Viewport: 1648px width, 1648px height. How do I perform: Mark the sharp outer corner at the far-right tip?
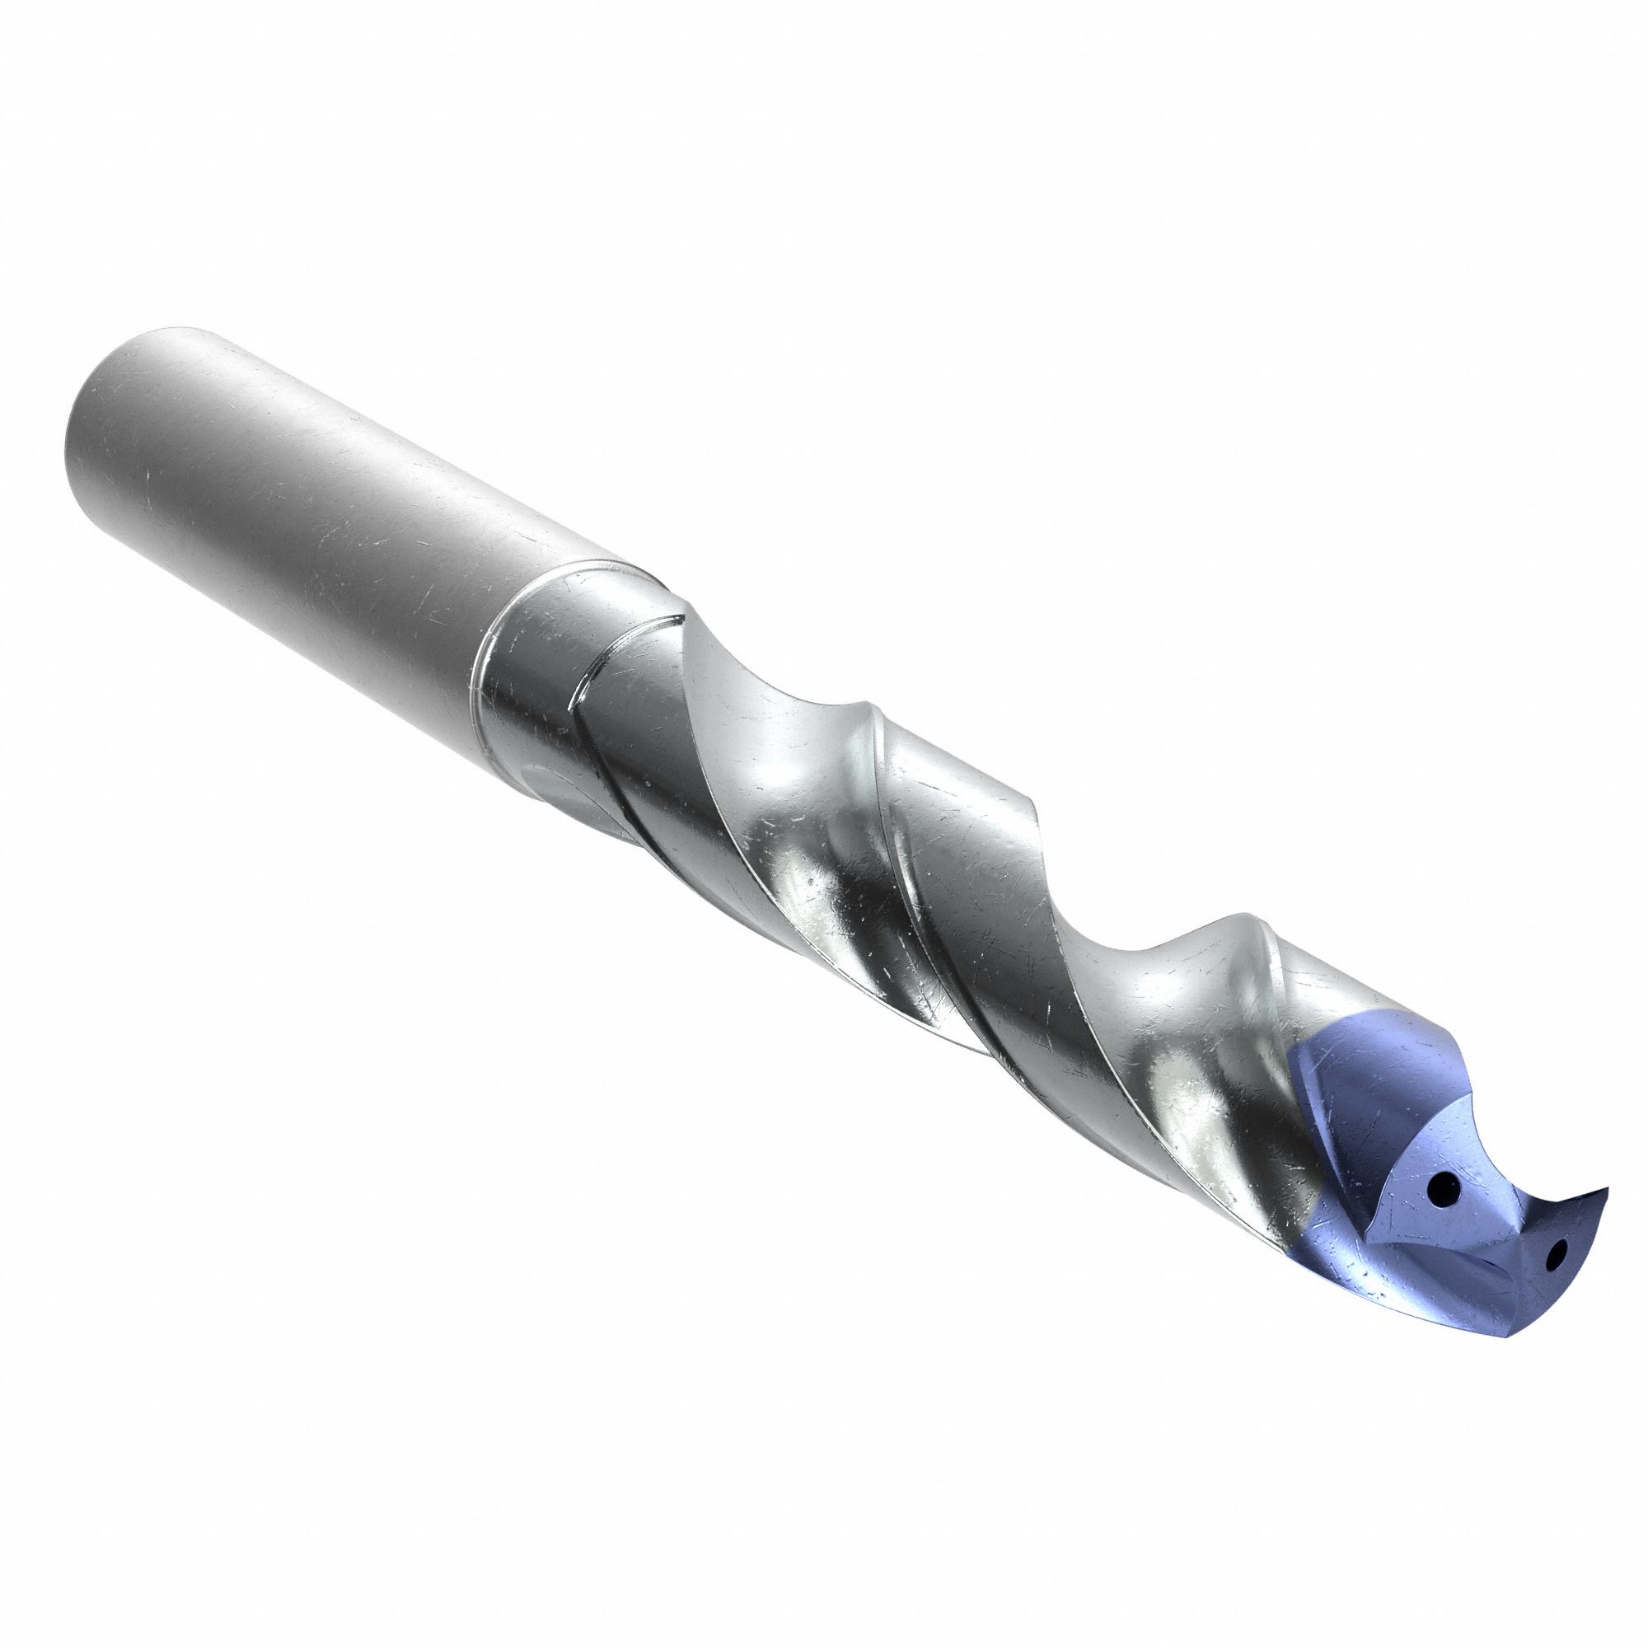[x=1607, y=1188]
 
